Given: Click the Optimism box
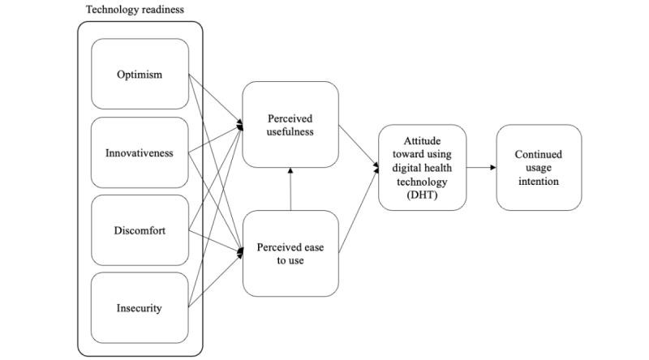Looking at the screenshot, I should (140, 75).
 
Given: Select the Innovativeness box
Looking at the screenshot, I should (140, 153).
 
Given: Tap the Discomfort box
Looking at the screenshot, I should (140, 230).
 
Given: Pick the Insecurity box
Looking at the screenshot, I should (140, 308).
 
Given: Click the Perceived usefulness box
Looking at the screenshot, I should (290, 125).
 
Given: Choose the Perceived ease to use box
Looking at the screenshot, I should (290, 253).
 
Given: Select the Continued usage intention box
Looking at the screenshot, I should (539, 168).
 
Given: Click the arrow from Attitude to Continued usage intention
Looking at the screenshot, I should (482, 168).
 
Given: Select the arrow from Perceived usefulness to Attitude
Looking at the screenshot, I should (358, 147).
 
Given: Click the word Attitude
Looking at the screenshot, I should (423, 140).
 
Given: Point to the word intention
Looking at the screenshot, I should (539, 182).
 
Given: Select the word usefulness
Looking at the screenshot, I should (290, 132).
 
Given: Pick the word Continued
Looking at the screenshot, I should (539, 154).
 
